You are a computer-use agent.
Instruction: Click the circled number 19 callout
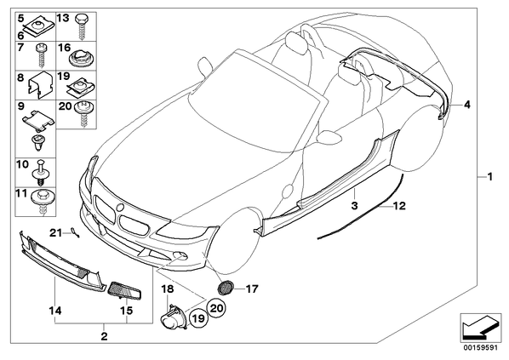(x=198, y=318)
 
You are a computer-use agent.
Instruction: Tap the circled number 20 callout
(x=217, y=307)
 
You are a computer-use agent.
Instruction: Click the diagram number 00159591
(x=480, y=348)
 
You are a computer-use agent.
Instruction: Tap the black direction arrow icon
(x=480, y=327)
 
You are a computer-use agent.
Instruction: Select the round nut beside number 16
(x=78, y=57)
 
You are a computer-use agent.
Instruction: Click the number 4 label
(x=466, y=105)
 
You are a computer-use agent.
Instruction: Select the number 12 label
(x=399, y=205)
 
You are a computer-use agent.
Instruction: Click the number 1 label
(x=490, y=177)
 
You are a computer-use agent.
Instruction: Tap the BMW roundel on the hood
(x=120, y=207)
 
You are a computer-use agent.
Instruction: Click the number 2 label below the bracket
(x=104, y=336)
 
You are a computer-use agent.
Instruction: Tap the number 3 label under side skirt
(x=354, y=205)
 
